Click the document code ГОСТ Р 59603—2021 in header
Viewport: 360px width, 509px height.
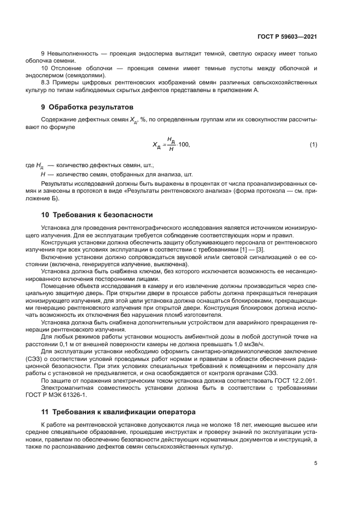[x=287, y=36]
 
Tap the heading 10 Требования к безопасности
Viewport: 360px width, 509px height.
[x=97, y=215]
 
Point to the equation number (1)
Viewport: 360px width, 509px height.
[x=313, y=144]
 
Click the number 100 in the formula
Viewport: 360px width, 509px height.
[x=184, y=145]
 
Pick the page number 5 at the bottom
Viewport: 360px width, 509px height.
[x=315, y=464]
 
